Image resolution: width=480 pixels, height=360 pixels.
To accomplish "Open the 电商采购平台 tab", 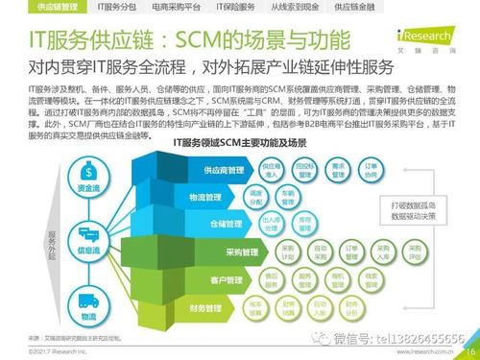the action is tap(174, 7).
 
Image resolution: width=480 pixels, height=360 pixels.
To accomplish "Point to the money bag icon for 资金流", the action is tap(88, 176).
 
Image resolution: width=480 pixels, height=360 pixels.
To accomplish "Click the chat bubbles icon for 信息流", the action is tap(88, 232).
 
